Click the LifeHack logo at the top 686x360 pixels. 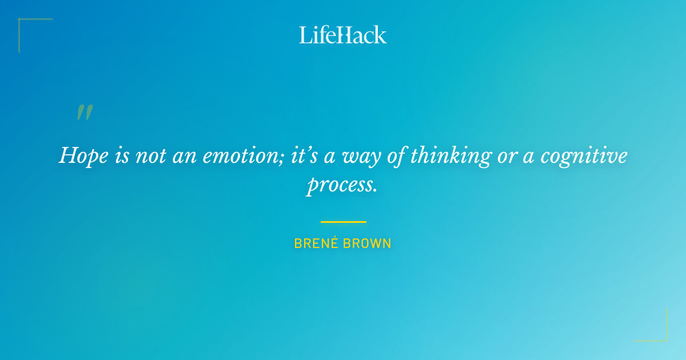click(x=343, y=35)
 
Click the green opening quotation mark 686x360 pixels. click(x=84, y=113)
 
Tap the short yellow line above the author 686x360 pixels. click(x=343, y=222)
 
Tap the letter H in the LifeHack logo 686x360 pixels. click(x=342, y=35)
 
